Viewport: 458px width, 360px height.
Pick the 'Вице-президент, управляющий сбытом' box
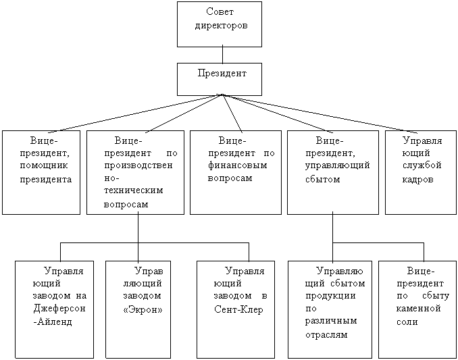[x=333, y=172]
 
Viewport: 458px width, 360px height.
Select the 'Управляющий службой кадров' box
[x=418, y=172]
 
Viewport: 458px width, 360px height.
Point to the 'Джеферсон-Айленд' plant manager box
[x=55, y=309]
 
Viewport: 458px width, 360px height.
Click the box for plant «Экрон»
[x=138, y=309]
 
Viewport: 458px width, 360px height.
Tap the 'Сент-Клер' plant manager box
[x=235, y=309]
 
